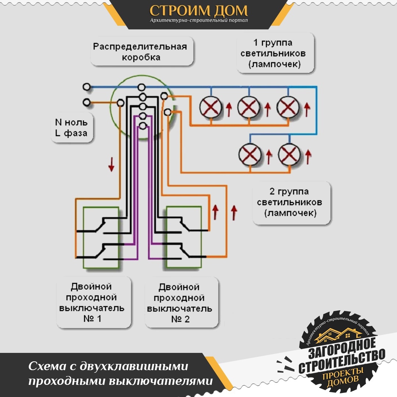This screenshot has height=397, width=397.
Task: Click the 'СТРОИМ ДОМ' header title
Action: click(198, 11)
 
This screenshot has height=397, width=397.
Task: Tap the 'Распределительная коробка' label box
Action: click(142, 51)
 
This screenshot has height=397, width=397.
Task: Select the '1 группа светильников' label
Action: click(275, 53)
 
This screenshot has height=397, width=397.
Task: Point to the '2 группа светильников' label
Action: click(291, 203)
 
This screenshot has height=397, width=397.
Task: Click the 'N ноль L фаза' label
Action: click(72, 128)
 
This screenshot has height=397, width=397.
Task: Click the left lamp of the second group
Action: click(250, 154)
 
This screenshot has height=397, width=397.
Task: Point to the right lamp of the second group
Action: click(289, 154)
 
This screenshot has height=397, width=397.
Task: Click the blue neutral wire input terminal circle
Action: click(87, 87)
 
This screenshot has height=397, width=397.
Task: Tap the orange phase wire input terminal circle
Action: click(87, 102)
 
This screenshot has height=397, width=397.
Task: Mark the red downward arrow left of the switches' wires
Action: click(111, 164)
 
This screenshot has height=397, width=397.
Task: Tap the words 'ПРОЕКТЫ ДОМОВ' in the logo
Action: click(343, 377)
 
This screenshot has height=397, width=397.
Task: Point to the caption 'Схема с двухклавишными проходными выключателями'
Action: click(121, 373)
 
